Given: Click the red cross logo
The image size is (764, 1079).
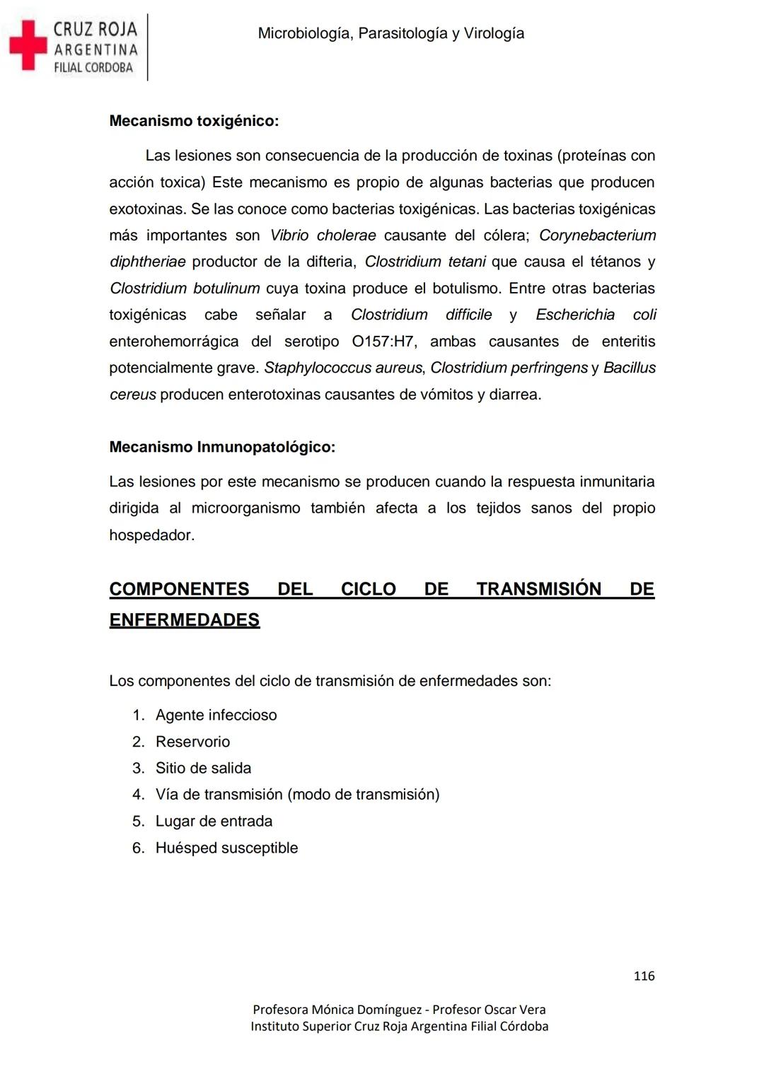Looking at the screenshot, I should [28, 45].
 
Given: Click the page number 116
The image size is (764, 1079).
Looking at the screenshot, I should [644, 976].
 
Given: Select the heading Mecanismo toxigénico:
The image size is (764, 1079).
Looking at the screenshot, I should [194, 121].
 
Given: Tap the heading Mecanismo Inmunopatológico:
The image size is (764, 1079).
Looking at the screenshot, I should [222, 447].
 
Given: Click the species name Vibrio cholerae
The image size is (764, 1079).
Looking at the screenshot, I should [323, 235].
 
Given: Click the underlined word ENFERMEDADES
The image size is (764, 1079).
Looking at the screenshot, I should [185, 620].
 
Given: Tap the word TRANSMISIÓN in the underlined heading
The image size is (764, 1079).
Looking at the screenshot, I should [538, 589].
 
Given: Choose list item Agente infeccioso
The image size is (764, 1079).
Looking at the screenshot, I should [216, 715].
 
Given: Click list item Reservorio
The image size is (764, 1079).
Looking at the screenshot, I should [192, 742].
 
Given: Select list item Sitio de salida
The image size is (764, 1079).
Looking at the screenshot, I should [203, 768].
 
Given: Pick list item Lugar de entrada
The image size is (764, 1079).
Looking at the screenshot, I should [214, 821].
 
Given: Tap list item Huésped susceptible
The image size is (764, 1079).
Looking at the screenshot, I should [226, 848].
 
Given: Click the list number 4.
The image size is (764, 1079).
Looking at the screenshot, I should [138, 795].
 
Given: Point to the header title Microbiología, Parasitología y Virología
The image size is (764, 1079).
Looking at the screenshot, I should [391, 33].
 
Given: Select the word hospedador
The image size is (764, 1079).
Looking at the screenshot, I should [151, 535].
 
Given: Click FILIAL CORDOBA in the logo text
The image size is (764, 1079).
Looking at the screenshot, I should [93, 68].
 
